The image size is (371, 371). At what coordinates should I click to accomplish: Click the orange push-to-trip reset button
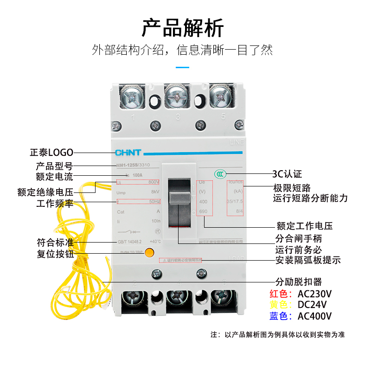tap(149, 253)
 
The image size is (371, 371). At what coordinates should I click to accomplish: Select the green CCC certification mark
tap(220, 174)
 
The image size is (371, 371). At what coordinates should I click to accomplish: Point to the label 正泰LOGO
tap(51, 152)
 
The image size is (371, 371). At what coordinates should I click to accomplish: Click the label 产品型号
tap(54, 166)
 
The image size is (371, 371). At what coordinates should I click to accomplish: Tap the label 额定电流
tap(54, 177)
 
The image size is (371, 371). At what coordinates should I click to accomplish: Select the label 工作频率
tap(54, 204)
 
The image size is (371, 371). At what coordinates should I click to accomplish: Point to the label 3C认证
tap(287, 174)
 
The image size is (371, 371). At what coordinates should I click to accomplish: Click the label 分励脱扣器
tap(299, 282)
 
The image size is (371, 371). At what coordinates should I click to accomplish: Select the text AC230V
tap(315, 294)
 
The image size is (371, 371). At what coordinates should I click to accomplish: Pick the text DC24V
tap(312, 305)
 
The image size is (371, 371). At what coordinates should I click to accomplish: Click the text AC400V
tap(315, 316)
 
